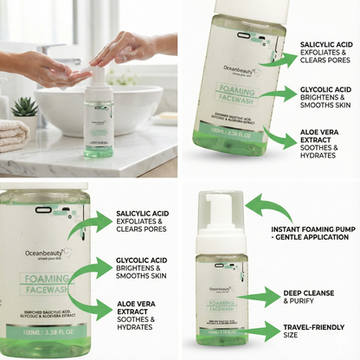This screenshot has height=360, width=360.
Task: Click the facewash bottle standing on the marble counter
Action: pos(101,126)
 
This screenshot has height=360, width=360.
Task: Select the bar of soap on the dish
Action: pos(164,116)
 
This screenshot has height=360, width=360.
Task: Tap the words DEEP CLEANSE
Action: pos(307,292)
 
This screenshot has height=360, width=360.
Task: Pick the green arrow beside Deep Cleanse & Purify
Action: pos(259,299)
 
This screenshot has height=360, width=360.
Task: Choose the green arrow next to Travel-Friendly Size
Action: pos(259,332)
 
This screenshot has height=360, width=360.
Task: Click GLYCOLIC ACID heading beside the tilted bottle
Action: pos(325,89)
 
